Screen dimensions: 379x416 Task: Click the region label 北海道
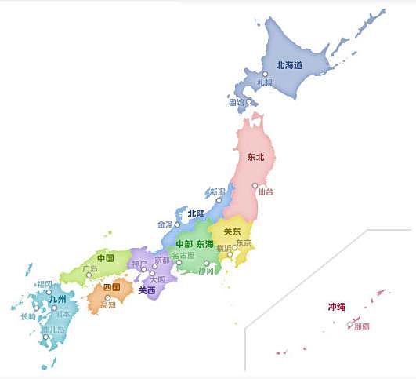[289, 65]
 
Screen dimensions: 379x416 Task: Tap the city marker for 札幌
[265, 73]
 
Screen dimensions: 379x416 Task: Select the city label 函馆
[237, 102]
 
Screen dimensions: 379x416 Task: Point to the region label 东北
[255, 157]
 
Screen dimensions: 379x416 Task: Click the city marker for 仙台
[255, 186]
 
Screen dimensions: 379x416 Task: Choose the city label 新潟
[216, 191]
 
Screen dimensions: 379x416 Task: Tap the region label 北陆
[196, 213]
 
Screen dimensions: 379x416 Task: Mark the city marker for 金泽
[177, 224]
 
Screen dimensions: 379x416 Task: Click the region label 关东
[233, 231]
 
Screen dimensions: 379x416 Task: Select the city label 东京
[244, 242]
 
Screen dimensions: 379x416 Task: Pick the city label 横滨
[224, 248]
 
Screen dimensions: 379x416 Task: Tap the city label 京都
[161, 260]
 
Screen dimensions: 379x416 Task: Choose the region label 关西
[147, 290]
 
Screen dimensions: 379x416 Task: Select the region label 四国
[112, 287]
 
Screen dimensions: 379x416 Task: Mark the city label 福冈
[44, 284]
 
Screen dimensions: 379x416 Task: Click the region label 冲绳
[335, 307]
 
